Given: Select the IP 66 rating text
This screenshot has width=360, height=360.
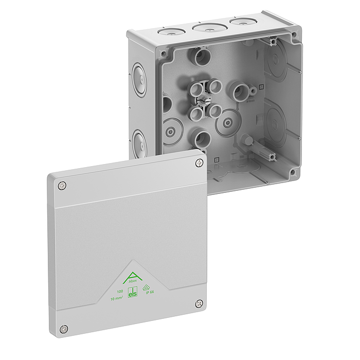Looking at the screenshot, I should (x=150, y=292).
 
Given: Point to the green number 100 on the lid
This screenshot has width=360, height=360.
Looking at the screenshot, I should (x=120, y=292).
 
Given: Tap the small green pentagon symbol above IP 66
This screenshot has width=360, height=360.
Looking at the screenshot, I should (x=146, y=286).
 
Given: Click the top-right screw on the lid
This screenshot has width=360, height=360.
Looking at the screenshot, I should (x=200, y=163).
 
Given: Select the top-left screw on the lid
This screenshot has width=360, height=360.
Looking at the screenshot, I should (x=62, y=185).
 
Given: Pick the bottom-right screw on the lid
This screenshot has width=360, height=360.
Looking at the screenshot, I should (x=200, y=304).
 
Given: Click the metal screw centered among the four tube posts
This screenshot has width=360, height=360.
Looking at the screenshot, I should (x=205, y=100).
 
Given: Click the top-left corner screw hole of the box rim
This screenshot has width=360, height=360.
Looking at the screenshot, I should (x=164, y=53).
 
